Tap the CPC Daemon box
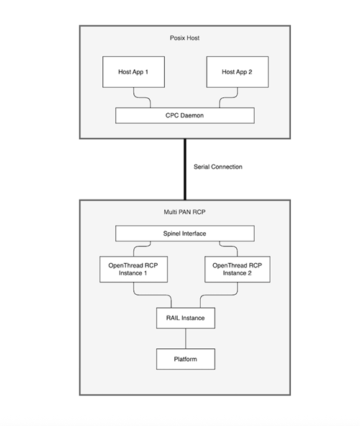click(185, 115)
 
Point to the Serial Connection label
click(218, 167)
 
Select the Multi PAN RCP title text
click(185, 213)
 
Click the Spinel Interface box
click(185, 234)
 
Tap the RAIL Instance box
click(185, 316)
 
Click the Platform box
click(185, 358)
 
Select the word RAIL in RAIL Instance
click(173, 316)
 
